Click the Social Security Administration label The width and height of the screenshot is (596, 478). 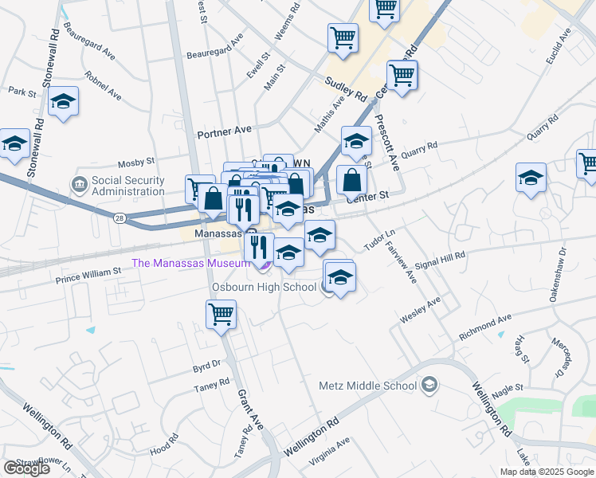coord(128,186)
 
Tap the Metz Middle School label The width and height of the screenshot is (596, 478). coord(367,386)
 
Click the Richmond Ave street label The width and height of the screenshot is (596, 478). coord(485,327)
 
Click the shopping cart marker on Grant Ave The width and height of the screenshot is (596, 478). coord(221,313)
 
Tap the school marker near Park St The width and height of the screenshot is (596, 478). coord(63,103)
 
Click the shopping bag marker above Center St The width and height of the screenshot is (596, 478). coord(351,180)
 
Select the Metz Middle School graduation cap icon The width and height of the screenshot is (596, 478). coord(429,386)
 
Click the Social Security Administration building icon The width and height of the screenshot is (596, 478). coord(80,186)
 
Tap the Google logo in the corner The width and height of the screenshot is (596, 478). coord(26,468)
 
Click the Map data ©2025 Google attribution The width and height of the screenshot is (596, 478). coord(547,472)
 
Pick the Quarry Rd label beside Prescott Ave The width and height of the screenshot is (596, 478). coord(420,147)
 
